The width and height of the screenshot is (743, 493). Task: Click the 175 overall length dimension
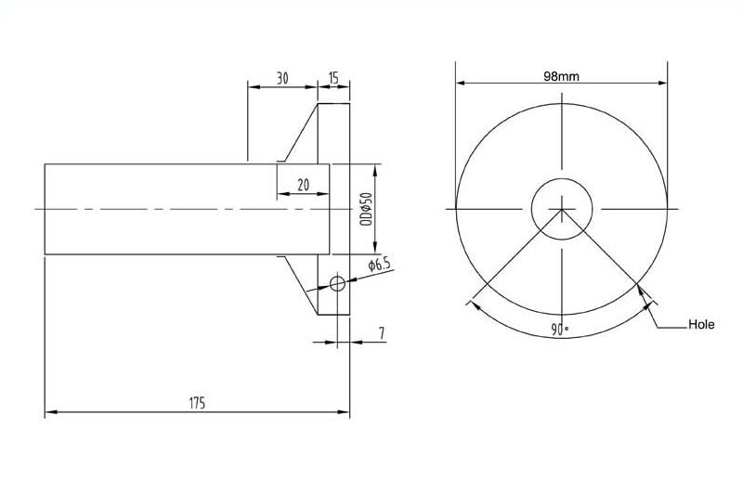[196, 403]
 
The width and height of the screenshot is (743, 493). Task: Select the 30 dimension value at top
[282, 79]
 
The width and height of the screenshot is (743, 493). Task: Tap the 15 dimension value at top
[333, 79]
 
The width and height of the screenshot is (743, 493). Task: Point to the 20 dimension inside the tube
[303, 185]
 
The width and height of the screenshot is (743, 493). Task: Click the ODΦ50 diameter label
[366, 210]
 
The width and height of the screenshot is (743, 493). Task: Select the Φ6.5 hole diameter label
[379, 266]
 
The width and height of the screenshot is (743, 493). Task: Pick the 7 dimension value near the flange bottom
[381, 332]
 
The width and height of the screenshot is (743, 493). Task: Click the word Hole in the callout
[700, 326]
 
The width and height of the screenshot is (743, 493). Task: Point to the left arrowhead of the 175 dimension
[50, 412]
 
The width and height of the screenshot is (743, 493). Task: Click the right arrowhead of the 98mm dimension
[662, 84]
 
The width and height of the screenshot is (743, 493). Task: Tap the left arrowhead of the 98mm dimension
[461, 84]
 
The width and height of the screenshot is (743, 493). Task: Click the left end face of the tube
[45, 209]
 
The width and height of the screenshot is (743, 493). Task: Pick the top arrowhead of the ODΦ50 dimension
[375, 169]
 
